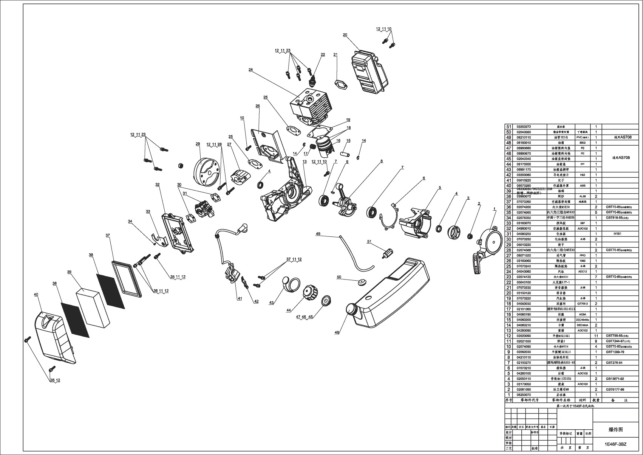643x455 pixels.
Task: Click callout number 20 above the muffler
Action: (345, 35)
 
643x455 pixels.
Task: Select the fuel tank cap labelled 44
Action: (311, 293)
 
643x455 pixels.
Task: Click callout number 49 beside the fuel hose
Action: (318, 234)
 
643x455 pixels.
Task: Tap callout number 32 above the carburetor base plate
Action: (157, 185)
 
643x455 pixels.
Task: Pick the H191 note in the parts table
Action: (617, 234)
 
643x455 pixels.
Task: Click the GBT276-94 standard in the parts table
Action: (615, 362)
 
